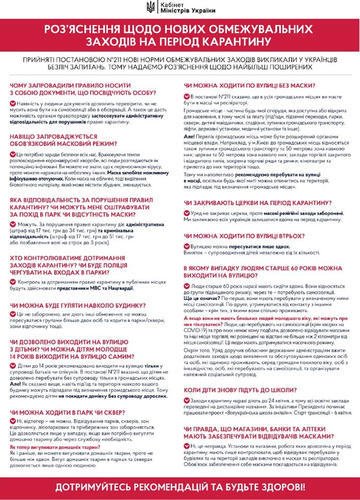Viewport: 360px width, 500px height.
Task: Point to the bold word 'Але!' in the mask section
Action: click(x=189, y=135)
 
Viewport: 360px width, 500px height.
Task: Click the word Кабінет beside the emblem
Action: click(x=177, y=4)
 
